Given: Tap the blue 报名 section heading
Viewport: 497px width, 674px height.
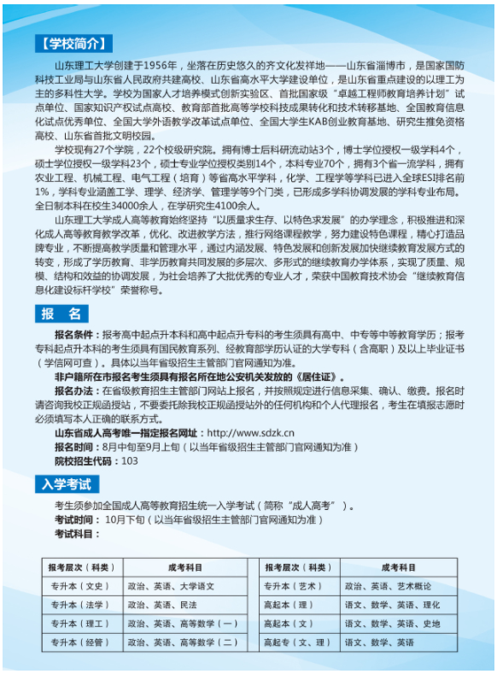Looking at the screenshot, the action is pyautogui.click(x=62, y=314).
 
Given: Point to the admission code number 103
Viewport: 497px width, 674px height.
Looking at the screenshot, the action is pyautogui.click(x=130, y=460).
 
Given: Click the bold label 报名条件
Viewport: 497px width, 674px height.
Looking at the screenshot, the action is pyautogui.click(x=76, y=336).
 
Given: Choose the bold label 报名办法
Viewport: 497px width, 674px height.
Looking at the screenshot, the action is pyautogui.click(x=76, y=389).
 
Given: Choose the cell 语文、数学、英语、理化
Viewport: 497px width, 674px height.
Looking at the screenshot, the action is pyautogui.click(x=392, y=605).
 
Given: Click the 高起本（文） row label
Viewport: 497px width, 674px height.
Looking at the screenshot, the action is pyautogui.click(x=291, y=624).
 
